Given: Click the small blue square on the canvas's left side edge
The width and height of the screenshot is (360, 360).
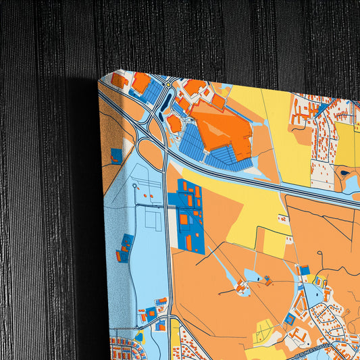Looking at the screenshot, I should click(116, 156).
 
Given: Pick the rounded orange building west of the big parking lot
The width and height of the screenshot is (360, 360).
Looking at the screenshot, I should click(174, 123).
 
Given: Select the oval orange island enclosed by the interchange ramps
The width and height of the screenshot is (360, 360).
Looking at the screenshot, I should click(151, 154).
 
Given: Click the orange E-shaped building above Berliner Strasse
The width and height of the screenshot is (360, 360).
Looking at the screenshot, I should click(297, 335).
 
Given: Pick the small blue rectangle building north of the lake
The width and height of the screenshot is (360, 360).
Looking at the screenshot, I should click(305, 271).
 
